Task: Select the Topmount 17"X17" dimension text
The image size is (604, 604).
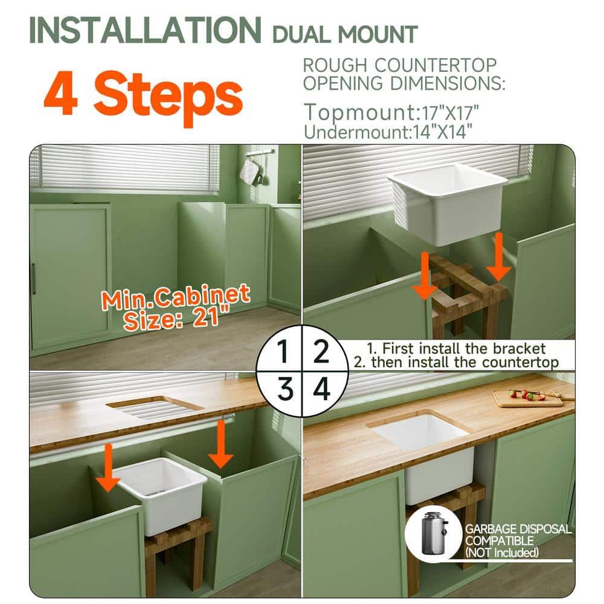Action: point(391,112)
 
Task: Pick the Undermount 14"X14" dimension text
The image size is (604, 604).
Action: point(388,131)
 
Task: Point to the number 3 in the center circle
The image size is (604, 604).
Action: point(283,390)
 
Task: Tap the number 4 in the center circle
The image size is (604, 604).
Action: point(321,390)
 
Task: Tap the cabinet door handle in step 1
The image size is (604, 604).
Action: point(34,278)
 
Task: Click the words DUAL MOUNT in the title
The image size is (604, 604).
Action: point(345,34)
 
